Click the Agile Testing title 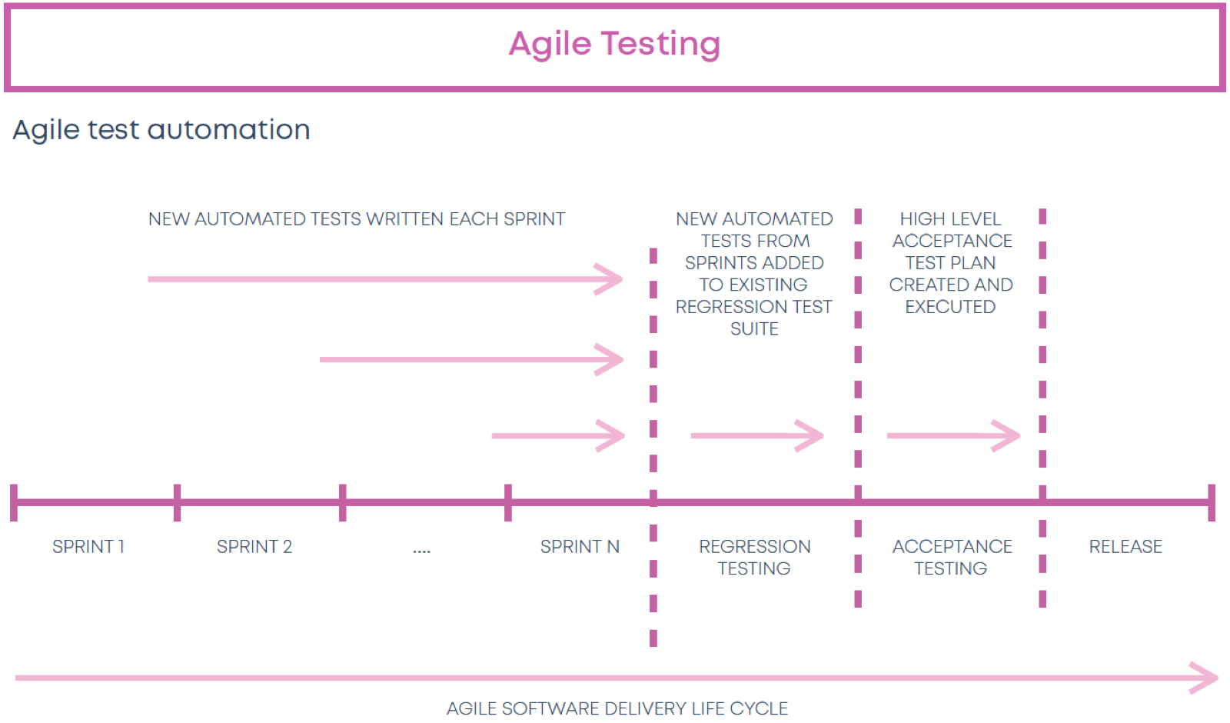[614, 44]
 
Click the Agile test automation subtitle [161, 130]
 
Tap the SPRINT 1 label [88, 547]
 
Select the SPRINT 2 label [254, 547]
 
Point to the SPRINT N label [580, 547]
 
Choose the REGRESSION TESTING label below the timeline [754, 557]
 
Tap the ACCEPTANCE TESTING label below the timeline [952, 557]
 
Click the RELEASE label [1125, 547]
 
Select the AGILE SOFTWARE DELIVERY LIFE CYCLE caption [617, 708]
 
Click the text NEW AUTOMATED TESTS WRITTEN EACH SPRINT [357, 219]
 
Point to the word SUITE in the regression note [754, 328]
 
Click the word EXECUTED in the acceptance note [950, 307]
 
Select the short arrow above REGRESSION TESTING [757, 435]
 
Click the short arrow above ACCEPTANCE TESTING [954, 435]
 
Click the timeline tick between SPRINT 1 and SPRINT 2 [177, 503]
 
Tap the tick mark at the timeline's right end [1212, 503]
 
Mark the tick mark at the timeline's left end [14, 503]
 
